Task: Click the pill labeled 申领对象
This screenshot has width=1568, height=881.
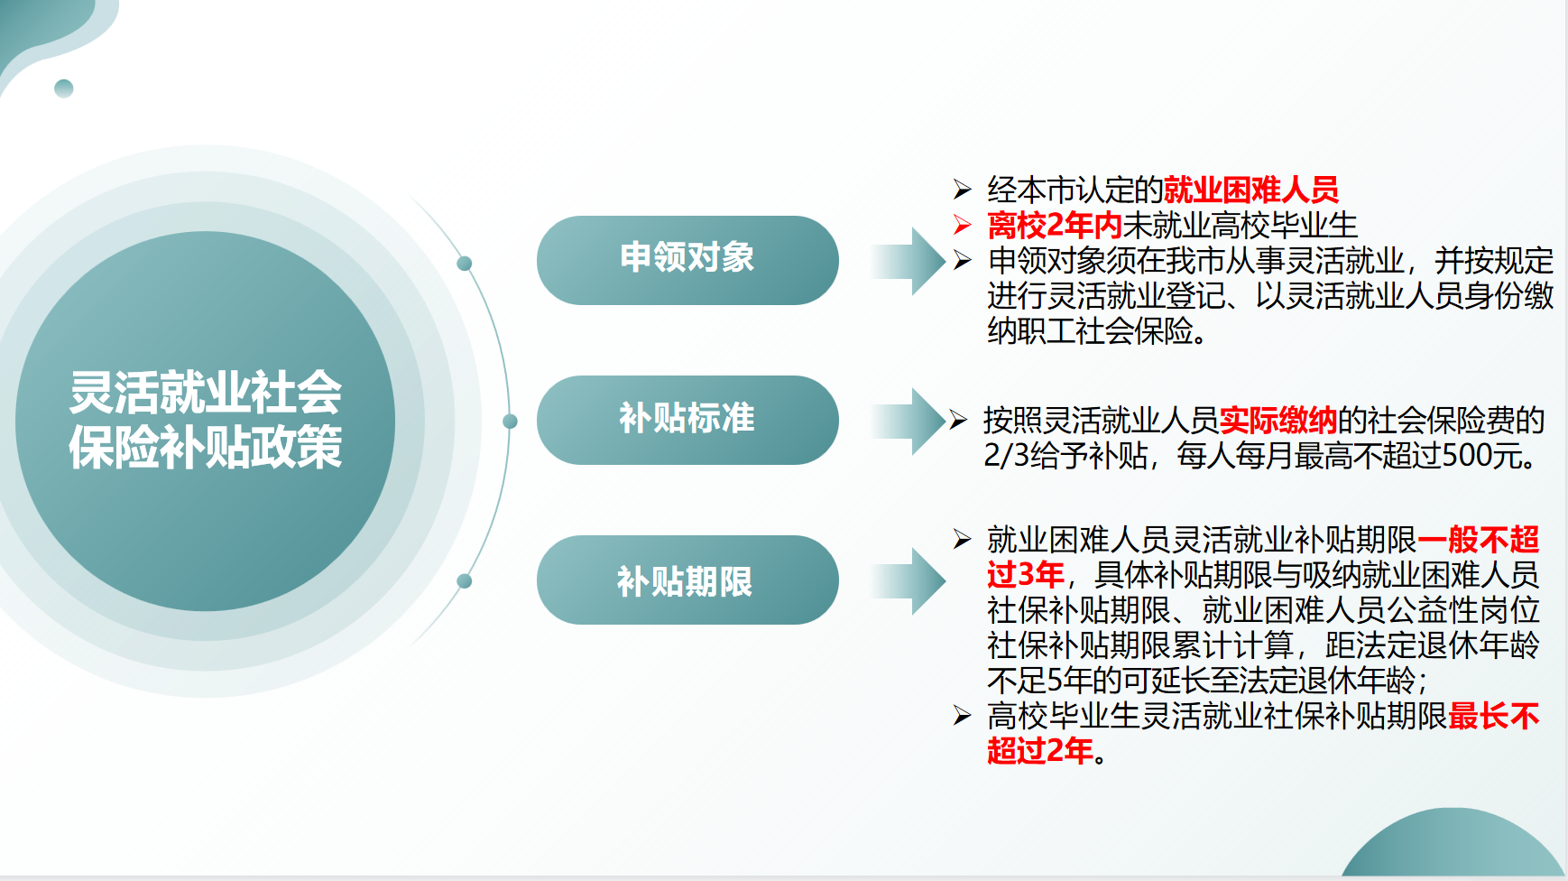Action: pos(687,260)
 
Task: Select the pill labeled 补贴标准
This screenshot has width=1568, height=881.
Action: pos(687,420)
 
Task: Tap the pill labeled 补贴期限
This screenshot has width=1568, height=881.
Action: pos(687,580)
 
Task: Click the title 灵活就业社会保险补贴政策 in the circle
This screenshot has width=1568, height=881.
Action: pos(206,420)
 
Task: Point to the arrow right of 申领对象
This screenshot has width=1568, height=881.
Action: pos(908,261)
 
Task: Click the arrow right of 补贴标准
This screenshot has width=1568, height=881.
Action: pos(908,421)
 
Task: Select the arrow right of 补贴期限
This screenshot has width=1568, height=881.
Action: pos(908,580)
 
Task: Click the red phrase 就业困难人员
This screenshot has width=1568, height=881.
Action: pos(1251,190)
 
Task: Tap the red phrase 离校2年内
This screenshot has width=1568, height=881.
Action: pos(1055,225)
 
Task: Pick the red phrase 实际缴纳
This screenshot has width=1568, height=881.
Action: pos(1278,420)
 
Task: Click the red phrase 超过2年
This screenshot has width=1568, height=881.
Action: pos(1040,750)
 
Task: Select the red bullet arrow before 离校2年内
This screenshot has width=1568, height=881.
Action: pos(963,225)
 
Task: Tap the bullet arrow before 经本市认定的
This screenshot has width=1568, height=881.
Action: pos(963,190)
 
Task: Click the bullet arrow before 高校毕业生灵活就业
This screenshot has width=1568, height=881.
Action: pos(963,716)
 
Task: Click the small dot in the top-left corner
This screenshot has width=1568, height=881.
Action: pos(64,88)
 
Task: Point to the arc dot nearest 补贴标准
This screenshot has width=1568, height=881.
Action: pos(510,422)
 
